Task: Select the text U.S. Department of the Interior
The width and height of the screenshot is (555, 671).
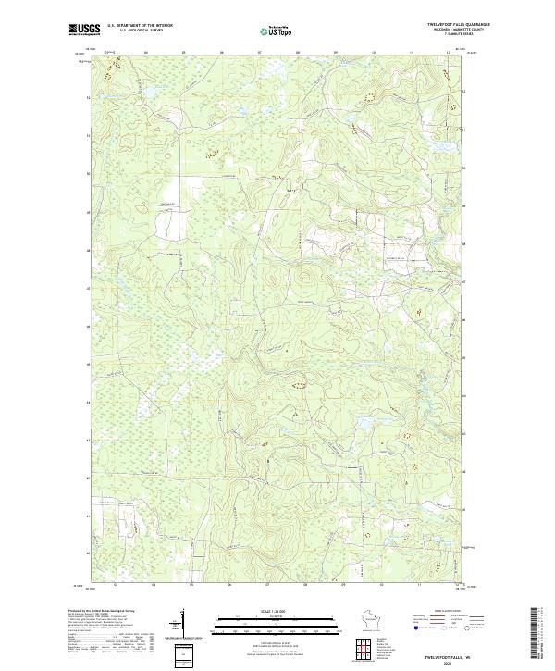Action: click(x=140, y=25)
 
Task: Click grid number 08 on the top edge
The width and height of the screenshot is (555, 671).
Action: click(x=298, y=53)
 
